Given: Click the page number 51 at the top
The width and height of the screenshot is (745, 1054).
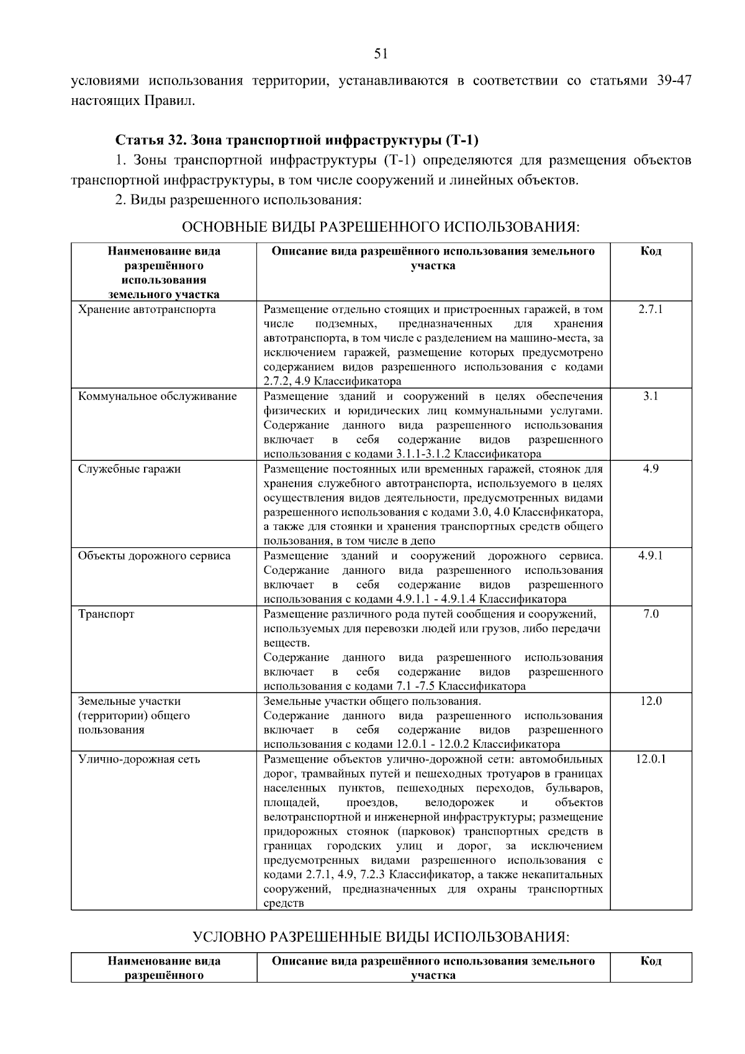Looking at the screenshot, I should tap(381, 54).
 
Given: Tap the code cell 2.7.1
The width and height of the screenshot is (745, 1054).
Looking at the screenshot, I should tap(650, 309).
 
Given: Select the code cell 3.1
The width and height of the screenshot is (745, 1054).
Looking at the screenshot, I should tap(650, 396).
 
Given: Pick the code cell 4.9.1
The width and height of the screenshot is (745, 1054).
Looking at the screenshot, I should tap(650, 555).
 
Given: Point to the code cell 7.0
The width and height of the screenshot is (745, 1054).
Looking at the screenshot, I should tap(650, 614).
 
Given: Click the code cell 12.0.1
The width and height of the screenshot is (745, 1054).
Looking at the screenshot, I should tap(650, 759).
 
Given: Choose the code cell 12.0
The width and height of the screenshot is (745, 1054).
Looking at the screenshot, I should tap(650, 701).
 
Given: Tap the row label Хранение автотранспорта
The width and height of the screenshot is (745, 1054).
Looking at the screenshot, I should tap(147, 309).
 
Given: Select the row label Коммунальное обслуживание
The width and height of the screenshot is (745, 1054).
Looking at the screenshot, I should tap(158, 396).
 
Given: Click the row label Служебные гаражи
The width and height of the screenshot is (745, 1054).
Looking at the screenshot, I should tap(130, 469).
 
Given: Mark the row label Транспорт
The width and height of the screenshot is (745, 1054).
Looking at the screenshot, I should tap(106, 614).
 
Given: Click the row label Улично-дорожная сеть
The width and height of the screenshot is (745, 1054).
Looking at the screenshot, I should tap(139, 759).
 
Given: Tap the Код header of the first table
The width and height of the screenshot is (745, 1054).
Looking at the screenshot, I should tap(650, 251).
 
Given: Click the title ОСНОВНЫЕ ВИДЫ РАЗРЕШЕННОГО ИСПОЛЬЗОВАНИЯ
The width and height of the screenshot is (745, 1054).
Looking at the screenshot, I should tap(381, 227).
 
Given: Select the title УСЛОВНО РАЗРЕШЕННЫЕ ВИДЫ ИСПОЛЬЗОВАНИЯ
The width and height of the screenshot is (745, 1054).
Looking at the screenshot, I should tap(381, 937).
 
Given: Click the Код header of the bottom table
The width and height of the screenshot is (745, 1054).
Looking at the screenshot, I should tap(650, 961).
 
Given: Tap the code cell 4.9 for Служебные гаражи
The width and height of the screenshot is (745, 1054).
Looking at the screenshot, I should tap(650, 469).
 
